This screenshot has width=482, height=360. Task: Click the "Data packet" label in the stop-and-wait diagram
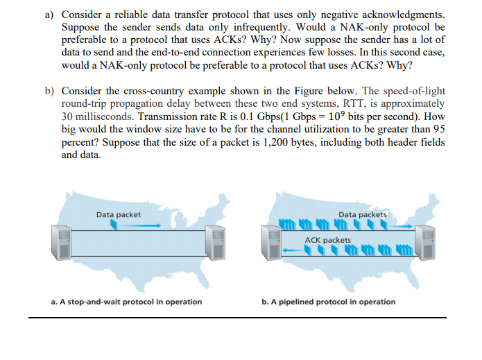coord(119,214)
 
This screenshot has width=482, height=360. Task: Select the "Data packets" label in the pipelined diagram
coord(363,214)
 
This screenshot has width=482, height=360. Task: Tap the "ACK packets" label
coord(327,240)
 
